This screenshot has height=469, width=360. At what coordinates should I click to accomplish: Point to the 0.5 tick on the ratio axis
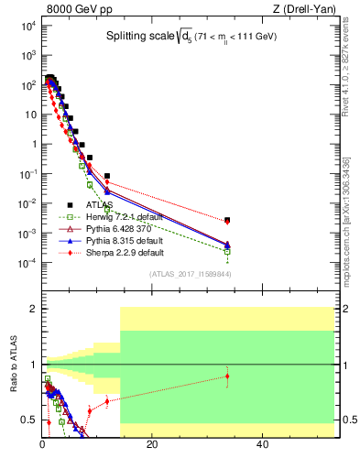click(x=30, y=420)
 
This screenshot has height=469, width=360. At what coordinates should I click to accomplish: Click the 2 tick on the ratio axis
click(x=33, y=309)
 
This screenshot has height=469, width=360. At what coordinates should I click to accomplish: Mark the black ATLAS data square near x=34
click(x=227, y=220)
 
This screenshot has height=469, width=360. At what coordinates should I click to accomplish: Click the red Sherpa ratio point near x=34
click(x=227, y=376)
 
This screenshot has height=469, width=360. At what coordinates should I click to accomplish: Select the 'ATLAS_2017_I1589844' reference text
click(x=189, y=273)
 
